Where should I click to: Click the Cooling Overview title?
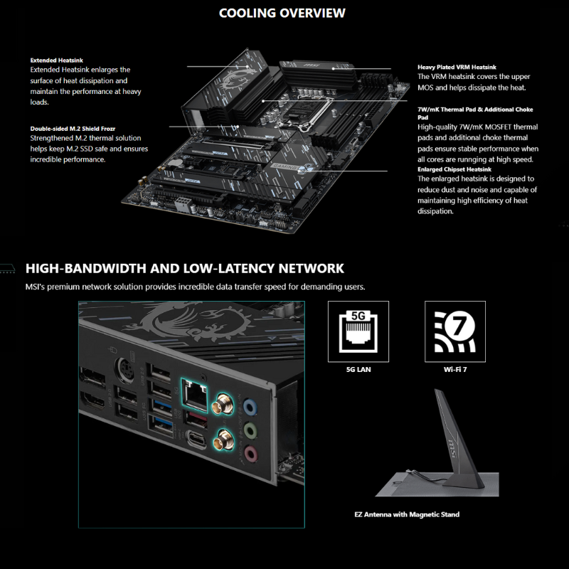coord(282,13)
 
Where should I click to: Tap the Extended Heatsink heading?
coord(57,60)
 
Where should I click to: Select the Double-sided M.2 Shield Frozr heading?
coord(73,129)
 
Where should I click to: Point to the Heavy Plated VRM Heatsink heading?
coord(457,67)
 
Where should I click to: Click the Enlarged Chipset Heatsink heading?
coord(454,169)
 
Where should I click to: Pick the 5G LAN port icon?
coord(358,331)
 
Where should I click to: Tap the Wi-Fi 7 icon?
coord(455,331)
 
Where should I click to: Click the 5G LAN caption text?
coord(358,369)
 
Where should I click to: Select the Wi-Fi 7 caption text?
coord(455,369)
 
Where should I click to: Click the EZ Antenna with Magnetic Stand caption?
coord(407,514)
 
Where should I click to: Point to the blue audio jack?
coord(250,407)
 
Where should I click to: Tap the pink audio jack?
coord(251,454)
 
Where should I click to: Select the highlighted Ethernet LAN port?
coord(194,395)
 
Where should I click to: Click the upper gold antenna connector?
coord(223,404)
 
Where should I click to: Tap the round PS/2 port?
coord(124,371)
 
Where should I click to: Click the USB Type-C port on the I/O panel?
coord(196,440)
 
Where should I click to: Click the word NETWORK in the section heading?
coord(311,269)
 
